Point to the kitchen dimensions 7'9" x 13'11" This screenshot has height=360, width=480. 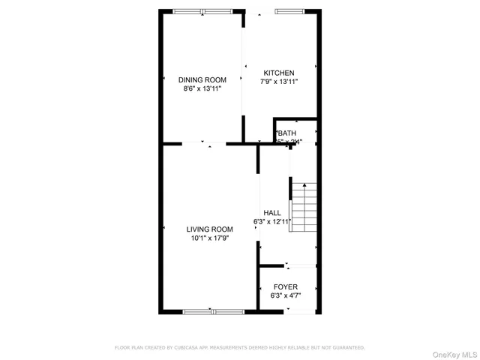point(277,81)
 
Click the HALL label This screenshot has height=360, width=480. point(271,213)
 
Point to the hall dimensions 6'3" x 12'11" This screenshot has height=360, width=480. point(271,222)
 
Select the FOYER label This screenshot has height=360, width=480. point(285,287)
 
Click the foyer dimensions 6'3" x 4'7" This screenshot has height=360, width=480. point(285,295)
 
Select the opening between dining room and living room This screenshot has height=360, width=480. point(203,143)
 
